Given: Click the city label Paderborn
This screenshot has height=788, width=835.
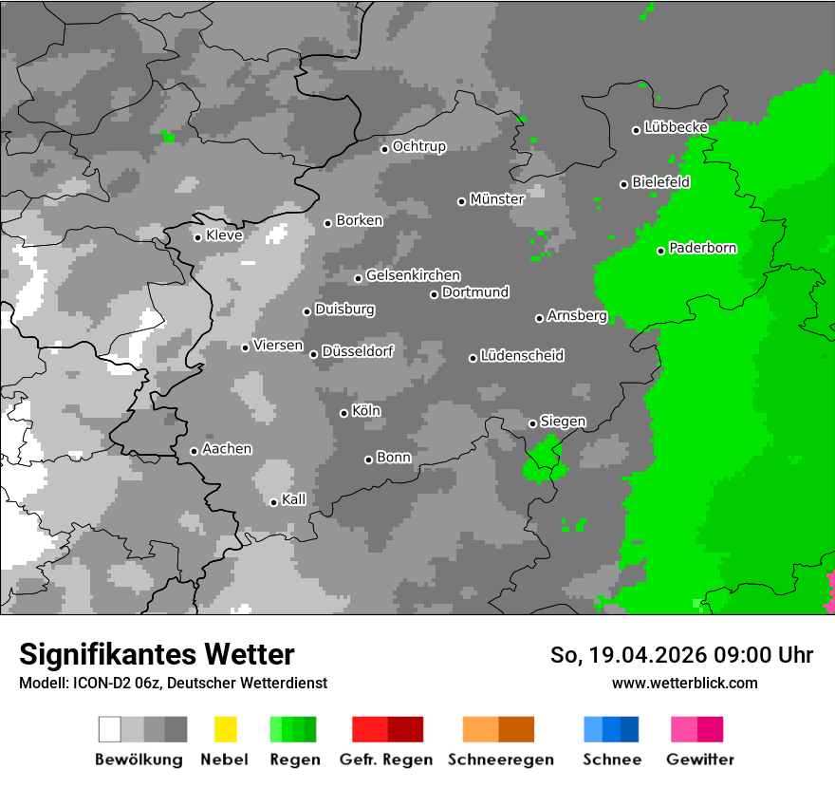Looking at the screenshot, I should pos(703,249).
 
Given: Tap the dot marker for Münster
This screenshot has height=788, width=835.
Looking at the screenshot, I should pos(461,201).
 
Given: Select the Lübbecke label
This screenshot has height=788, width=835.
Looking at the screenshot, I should pos(676,127).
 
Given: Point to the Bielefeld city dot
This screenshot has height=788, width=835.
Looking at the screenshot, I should pos(624,184).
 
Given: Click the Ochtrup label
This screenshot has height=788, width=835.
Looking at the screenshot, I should pos(419,147).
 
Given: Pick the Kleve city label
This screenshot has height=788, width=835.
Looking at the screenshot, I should pos(224,235).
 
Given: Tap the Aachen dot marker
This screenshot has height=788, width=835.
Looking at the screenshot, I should pos(194,451).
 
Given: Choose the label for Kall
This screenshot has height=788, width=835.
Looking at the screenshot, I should pos(294,499).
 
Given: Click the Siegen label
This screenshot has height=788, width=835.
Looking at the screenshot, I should pos(563,422).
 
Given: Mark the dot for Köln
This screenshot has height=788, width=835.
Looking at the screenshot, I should pos(343,413).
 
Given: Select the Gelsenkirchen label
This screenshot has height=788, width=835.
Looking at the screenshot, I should pos(413,276).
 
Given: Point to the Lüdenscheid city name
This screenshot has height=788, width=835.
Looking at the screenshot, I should pos(522,356).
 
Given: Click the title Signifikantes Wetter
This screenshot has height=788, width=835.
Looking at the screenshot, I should pos(157,654).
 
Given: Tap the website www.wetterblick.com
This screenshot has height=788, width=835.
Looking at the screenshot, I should pos(684,683).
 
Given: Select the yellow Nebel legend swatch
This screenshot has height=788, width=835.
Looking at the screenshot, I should pos(225,729).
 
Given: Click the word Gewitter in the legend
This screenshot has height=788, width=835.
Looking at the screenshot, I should pos(700,760).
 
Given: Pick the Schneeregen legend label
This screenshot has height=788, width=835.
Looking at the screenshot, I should pos(500,760).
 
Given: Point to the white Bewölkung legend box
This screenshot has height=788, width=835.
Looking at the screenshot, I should pos(110,729).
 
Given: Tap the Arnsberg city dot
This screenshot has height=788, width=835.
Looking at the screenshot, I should pos(539,318).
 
